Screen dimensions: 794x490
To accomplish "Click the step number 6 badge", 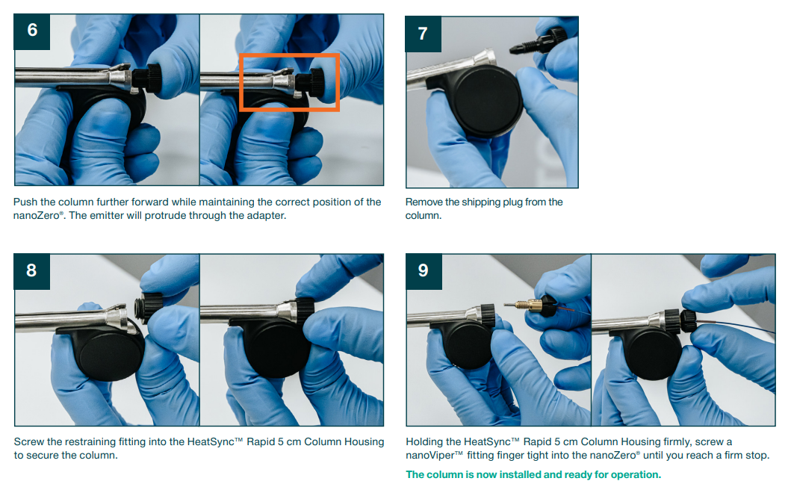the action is (32, 31).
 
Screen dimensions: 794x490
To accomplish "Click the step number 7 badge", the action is (423, 34).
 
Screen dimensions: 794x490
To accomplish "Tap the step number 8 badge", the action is (32, 271).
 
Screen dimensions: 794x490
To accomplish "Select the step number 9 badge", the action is (424, 271).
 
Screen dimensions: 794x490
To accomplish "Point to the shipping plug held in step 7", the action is (538, 43).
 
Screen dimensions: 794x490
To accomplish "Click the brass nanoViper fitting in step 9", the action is (527, 305).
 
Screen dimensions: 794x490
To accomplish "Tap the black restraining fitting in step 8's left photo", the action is (149, 308).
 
